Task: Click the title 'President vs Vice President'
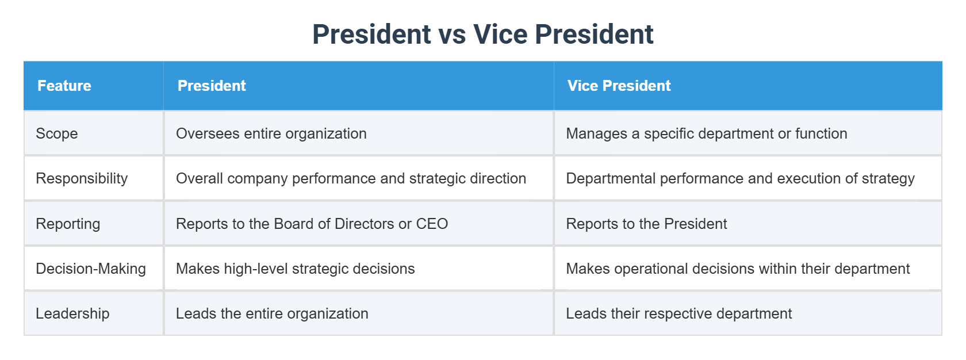[482, 35]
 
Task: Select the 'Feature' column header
[64, 86]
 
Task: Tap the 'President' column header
[212, 86]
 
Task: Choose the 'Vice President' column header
[619, 86]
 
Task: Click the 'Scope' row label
[57, 133]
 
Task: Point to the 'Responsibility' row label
[82, 178]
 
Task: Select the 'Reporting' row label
[68, 224]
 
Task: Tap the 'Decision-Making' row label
[91, 269]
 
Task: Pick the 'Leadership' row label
[72, 313]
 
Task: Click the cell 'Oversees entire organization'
[271, 133]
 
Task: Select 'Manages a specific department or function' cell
[707, 133]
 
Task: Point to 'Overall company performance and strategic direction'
[351, 178]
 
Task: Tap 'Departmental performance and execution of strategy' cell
[740, 178]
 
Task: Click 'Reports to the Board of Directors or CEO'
[312, 224]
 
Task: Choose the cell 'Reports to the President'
[646, 224]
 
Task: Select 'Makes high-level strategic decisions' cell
[295, 269]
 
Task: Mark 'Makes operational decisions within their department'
[738, 269]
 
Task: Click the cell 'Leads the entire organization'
[272, 313]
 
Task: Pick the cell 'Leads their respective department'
[678, 313]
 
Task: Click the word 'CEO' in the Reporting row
[432, 224]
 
